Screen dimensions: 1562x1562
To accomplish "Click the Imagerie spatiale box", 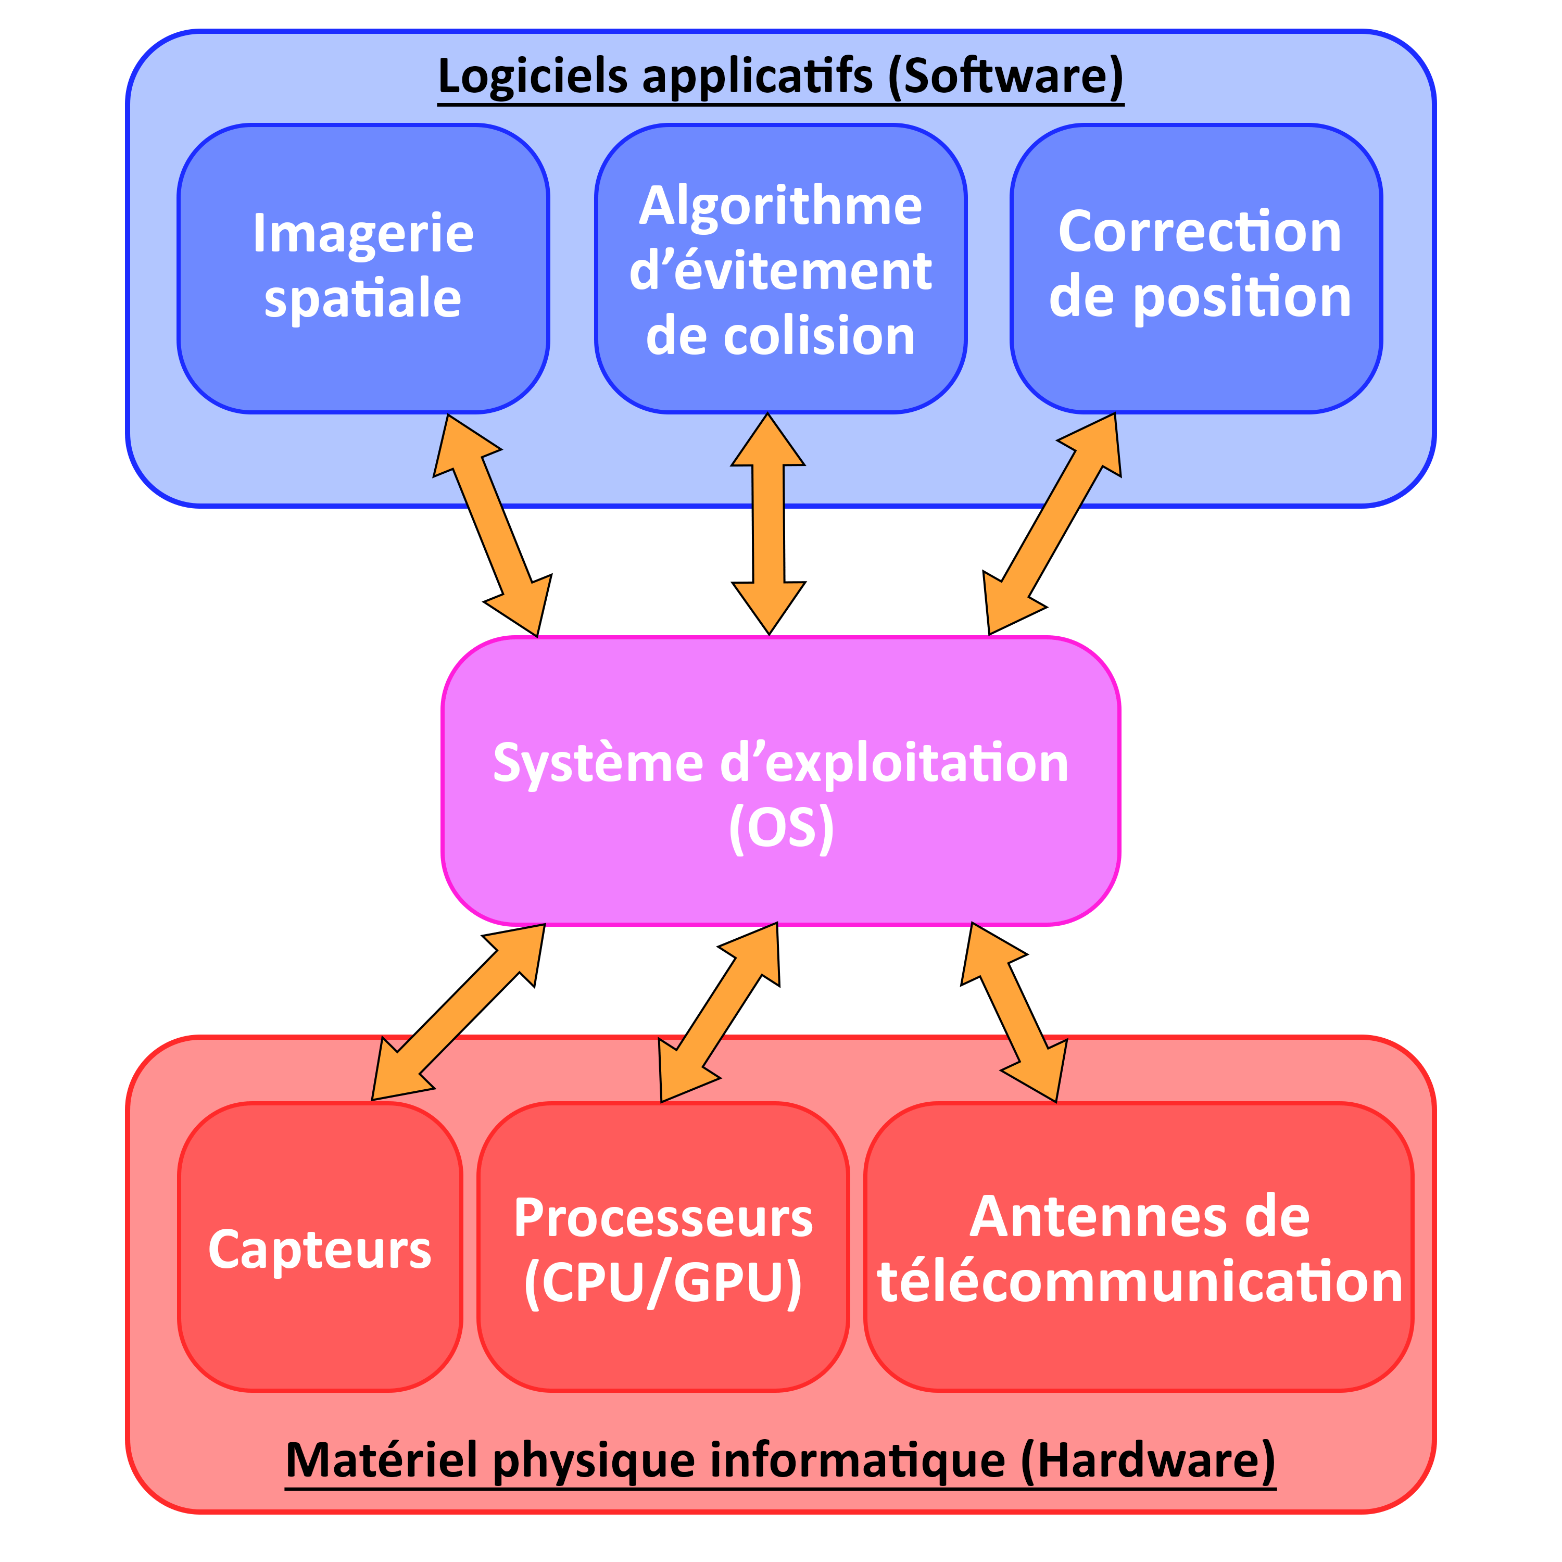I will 363,269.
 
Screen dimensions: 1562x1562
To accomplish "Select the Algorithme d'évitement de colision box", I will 780,269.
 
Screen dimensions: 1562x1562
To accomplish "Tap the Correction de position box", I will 1196,269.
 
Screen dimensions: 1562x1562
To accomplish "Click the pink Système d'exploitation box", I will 780,780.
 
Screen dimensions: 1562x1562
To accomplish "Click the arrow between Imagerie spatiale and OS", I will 493,525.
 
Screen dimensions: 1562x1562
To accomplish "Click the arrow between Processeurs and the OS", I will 720,1013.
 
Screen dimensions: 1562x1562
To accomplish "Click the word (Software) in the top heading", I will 1006,77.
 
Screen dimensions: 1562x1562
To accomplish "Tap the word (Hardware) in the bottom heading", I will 1148,1460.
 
